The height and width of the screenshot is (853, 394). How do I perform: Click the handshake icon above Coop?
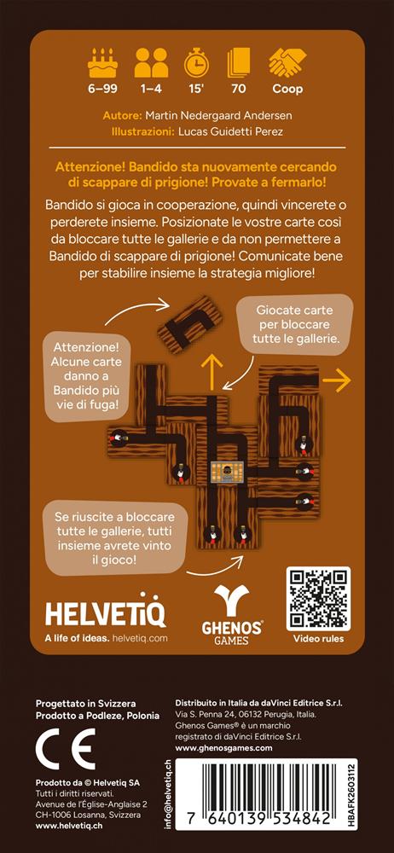coord(287,61)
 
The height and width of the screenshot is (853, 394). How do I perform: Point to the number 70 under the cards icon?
coord(238,89)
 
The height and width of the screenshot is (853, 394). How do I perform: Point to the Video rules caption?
coord(318,639)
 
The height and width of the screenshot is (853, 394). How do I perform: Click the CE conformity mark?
coord(66,749)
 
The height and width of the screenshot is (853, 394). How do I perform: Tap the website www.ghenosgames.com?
coord(224,748)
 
